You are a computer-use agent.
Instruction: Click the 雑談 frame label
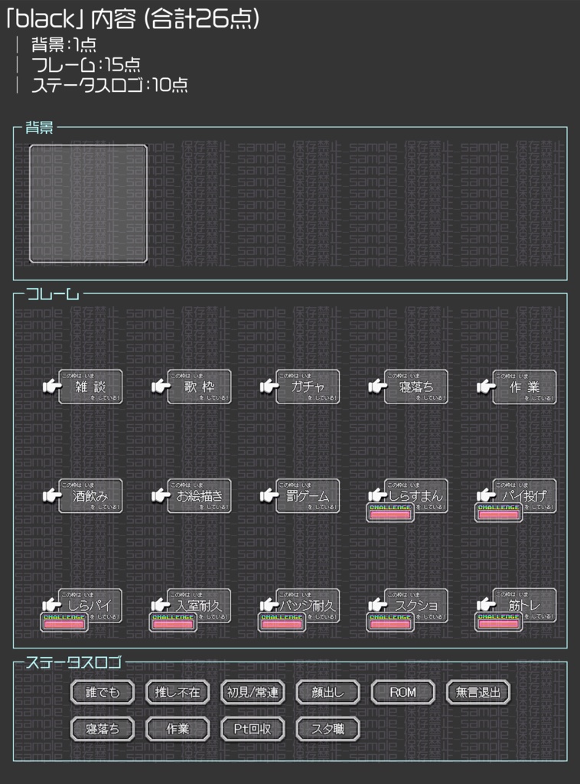tap(90, 387)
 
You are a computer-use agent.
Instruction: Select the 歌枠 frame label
tap(199, 387)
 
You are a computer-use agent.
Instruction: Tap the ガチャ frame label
tap(308, 387)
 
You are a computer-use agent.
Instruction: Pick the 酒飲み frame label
tap(90, 496)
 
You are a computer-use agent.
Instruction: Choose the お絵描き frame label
tap(199, 496)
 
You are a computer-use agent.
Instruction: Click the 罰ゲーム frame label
tap(308, 496)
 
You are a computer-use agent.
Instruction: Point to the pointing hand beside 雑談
tap(51, 387)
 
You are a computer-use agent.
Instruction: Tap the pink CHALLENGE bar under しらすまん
tap(390, 514)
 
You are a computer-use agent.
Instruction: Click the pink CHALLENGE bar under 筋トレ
tap(499, 624)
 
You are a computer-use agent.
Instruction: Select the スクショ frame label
tap(416, 606)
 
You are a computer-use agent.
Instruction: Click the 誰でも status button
tap(103, 692)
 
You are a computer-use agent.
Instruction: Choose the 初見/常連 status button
tap(253, 692)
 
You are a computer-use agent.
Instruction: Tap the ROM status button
tap(402, 692)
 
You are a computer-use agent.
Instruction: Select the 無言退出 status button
tap(477, 692)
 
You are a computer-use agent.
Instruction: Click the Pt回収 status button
tap(253, 729)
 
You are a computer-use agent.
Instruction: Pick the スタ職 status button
tap(327, 729)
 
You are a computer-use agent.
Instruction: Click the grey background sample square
tap(88, 204)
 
